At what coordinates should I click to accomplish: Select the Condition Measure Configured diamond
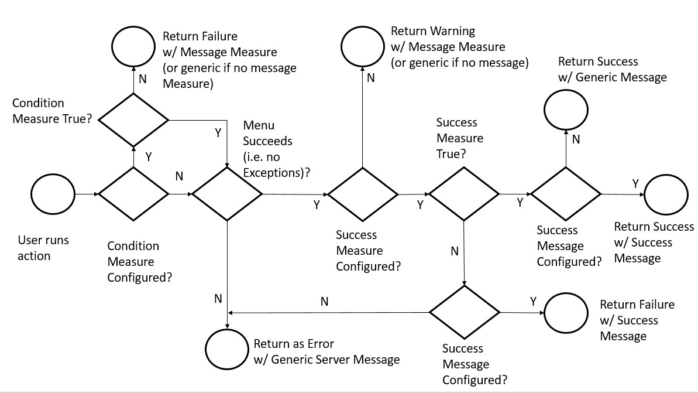(x=134, y=194)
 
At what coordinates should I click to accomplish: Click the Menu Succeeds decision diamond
(x=228, y=194)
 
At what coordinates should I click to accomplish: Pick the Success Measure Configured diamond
(x=362, y=194)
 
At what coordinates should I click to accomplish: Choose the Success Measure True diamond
(x=464, y=194)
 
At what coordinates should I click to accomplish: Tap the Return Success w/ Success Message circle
(x=666, y=194)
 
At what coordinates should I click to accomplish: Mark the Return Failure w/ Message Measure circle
(x=134, y=49)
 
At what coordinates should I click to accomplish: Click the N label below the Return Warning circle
(x=370, y=78)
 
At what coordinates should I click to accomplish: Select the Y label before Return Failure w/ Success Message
(x=533, y=302)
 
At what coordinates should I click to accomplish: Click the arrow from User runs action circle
(x=87, y=194)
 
